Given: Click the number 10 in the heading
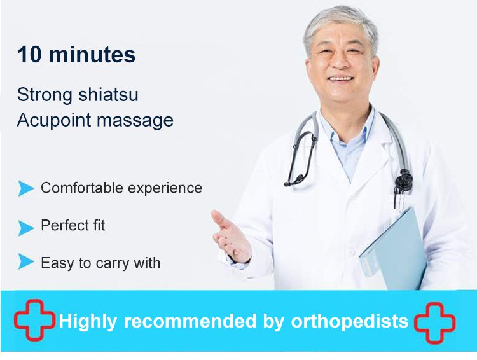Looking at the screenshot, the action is coord(29,55).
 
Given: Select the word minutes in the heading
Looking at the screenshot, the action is coord(92,55).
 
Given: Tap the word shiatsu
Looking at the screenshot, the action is coord(108,94).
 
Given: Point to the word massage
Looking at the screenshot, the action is coord(135,121).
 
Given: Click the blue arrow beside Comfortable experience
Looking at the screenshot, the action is coord(26,188).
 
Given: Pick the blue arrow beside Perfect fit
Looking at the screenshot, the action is coord(26,228).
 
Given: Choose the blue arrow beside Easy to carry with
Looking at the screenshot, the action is coord(26,261).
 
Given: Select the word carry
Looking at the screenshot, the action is coord(110,263).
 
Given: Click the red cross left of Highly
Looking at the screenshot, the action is coord(35,319).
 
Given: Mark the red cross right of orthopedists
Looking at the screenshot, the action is coord(434,322).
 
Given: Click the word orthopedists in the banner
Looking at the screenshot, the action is coord(350,321).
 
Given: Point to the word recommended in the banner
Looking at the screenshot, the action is coord(190,321).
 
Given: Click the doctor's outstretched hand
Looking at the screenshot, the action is coord(232,237).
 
